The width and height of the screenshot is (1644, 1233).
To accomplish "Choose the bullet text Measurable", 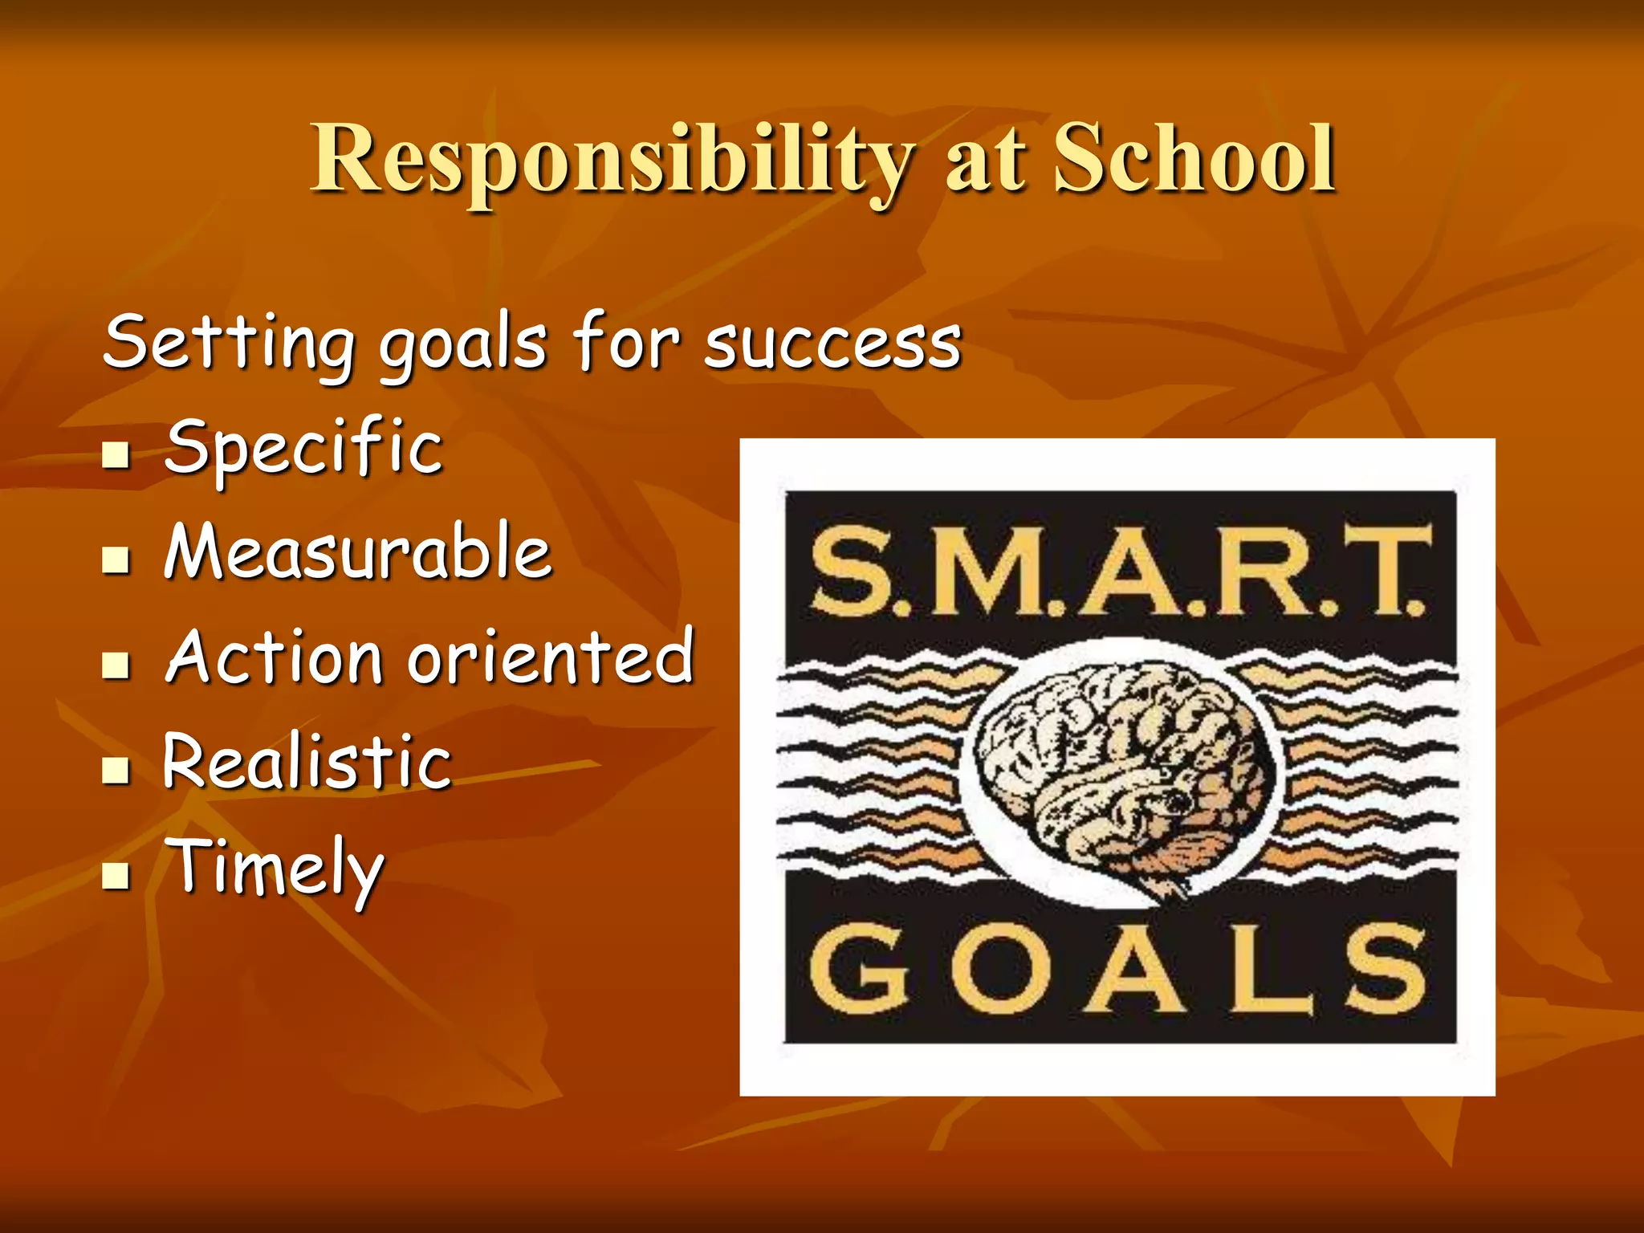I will point(358,552).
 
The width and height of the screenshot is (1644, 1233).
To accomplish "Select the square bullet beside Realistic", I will point(116,770).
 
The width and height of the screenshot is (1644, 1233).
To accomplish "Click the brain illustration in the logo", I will point(1120,775).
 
